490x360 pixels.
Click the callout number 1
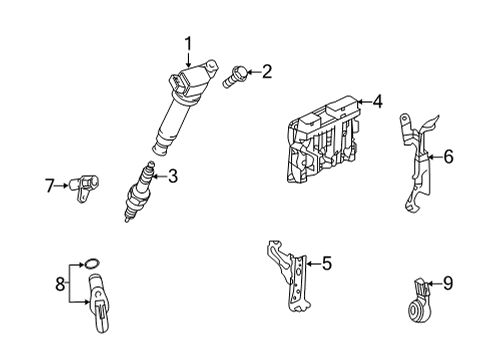click(187, 42)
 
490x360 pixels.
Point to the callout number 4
click(377, 101)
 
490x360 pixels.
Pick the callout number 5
click(326, 264)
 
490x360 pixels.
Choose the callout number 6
click(448, 156)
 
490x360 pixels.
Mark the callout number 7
click(49, 183)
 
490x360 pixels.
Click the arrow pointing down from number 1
click(187, 60)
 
